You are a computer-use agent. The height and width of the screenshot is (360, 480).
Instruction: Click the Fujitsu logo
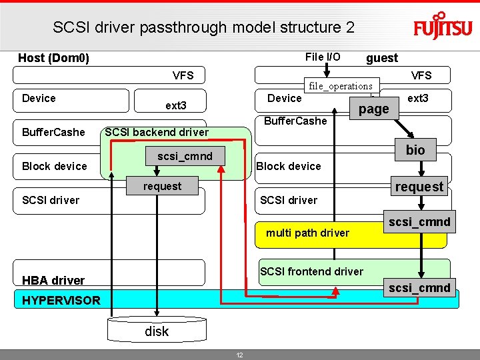click(x=442, y=27)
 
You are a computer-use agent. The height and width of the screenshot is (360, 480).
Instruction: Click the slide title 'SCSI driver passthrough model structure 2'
click(x=203, y=27)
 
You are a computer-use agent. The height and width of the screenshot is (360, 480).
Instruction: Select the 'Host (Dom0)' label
click(x=53, y=58)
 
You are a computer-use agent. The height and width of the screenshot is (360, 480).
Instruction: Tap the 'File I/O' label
click(x=323, y=57)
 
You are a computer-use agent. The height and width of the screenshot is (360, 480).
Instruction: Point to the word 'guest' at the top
click(x=382, y=58)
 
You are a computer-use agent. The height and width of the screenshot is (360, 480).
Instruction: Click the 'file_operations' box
click(x=340, y=86)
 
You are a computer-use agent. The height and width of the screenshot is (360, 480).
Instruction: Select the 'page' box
click(x=374, y=109)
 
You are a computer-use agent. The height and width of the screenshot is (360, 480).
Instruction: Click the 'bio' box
click(x=415, y=150)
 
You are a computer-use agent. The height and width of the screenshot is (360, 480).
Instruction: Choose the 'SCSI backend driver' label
click(x=157, y=132)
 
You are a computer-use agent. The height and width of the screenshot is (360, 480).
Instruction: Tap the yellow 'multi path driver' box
click(x=307, y=233)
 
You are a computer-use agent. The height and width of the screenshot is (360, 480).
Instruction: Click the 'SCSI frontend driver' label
click(x=311, y=271)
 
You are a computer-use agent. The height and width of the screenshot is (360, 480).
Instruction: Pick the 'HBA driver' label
click(x=53, y=280)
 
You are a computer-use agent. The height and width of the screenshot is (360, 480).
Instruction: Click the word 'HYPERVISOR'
click(x=61, y=300)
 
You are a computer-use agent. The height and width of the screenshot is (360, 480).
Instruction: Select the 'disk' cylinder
click(x=157, y=331)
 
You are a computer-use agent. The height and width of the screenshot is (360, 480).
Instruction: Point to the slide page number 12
click(x=240, y=355)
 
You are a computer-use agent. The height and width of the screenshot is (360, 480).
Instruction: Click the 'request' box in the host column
click(x=162, y=186)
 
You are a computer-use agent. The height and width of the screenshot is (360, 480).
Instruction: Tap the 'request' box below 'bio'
click(x=419, y=187)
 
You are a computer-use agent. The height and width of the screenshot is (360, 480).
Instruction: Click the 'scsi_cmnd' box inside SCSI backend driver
click(x=185, y=157)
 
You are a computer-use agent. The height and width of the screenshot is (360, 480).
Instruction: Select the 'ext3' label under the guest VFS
click(x=418, y=98)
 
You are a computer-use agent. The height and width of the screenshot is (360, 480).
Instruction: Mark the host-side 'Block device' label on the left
click(x=55, y=166)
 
